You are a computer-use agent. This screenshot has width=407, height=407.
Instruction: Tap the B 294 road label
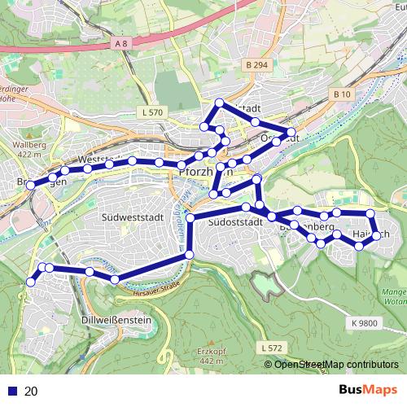[255, 63]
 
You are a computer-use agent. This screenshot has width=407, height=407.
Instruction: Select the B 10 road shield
[342, 94]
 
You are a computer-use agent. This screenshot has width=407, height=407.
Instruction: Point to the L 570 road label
[151, 112]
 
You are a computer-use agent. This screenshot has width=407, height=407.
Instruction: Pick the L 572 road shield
[273, 348]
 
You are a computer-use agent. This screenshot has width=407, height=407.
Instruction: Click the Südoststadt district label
[234, 221]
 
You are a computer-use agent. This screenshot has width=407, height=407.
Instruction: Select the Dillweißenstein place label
[117, 321]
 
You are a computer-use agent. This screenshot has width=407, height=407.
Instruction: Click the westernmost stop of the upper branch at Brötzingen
[30, 186]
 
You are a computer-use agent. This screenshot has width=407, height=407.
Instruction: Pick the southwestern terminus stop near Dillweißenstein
[31, 282]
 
